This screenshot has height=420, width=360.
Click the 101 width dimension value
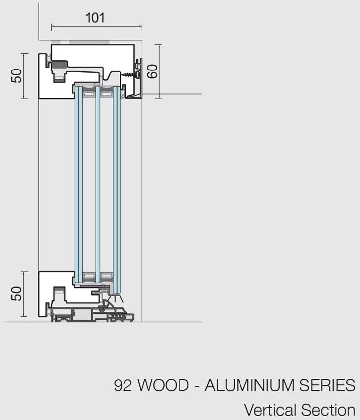pyautogui.click(x=95, y=18)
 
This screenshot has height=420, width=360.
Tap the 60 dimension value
pyautogui.click(x=153, y=71)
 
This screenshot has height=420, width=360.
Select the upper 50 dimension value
pyautogui.click(x=16, y=76)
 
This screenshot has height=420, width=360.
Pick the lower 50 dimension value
pyautogui.click(x=16, y=294)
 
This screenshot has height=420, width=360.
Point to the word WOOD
pyautogui.click(x=163, y=385)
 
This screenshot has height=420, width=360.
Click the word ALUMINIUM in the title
pyautogui.click(x=249, y=385)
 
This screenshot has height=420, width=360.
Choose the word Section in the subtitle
pyautogui.click(x=328, y=410)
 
